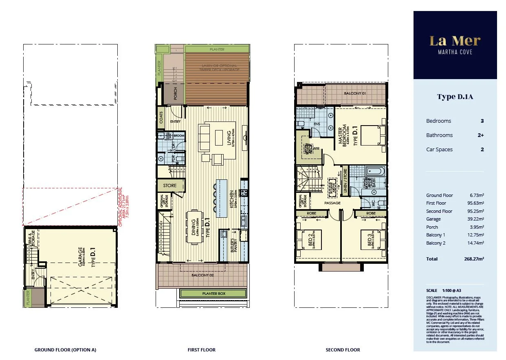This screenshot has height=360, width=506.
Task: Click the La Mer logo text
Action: (455, 41)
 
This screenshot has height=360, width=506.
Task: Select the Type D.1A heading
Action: (455, 97)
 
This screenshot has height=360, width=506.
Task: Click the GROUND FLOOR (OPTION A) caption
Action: (65, 350)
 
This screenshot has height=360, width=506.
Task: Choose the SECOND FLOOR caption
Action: (343, 350)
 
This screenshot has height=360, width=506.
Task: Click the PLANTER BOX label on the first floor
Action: (213, 294)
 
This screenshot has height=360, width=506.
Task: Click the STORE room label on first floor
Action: (170, 186)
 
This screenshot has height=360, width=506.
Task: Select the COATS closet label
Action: (161, 118)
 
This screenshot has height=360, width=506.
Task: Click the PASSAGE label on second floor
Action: (332, 203)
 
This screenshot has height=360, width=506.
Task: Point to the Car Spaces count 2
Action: (482, 150)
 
